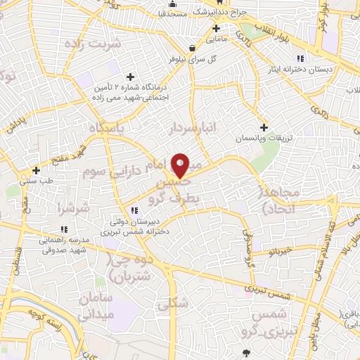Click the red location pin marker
(x=181, y=165)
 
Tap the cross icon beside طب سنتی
(x=36, y=170)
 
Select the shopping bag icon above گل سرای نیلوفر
(x=192, y=49)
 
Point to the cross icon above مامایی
(x=216, y=29)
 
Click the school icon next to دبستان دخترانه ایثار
(x=300, y=58)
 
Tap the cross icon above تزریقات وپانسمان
(x=264, y=127)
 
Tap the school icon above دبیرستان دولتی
(x=134, y=210)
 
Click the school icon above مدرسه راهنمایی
(x=63, y=229)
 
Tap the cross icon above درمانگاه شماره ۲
(x=129, y=77)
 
